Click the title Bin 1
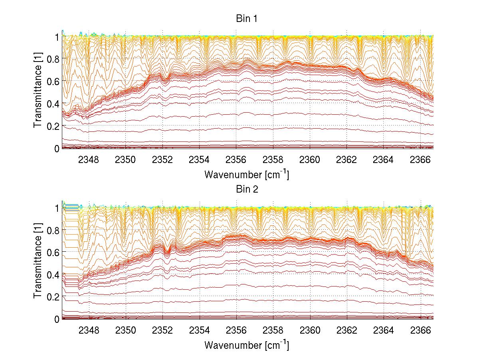247,19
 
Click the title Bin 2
247,189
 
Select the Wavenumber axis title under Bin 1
246,174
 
